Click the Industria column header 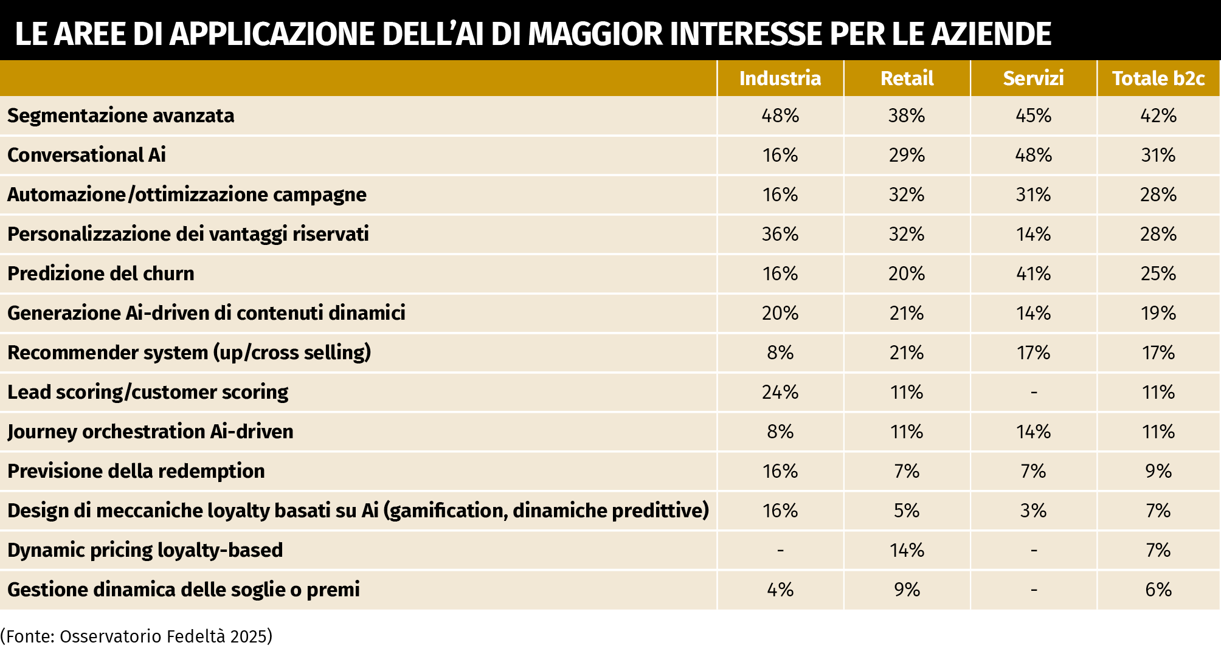pos(780,78)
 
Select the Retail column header pos(907,78)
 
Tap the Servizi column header pos(1033,78)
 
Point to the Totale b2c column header pos(1158,78)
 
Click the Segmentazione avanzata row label pos(120,115)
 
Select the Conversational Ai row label pos(86,155)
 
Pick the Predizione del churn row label pos(101,274)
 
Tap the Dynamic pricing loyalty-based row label pos(145,550)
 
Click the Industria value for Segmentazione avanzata pos(780,115)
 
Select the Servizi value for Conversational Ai pos(1033,155)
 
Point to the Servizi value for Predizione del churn pos(1033,274)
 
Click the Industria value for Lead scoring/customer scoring pos(780,392)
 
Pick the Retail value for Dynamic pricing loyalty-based pos(907,550)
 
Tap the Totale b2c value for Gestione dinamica pos(1158,590)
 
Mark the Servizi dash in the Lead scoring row pos(1034,393)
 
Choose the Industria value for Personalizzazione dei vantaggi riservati pos(780,234)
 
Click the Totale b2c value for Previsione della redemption pos(1158,471)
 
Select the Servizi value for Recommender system pos(1033,353)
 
